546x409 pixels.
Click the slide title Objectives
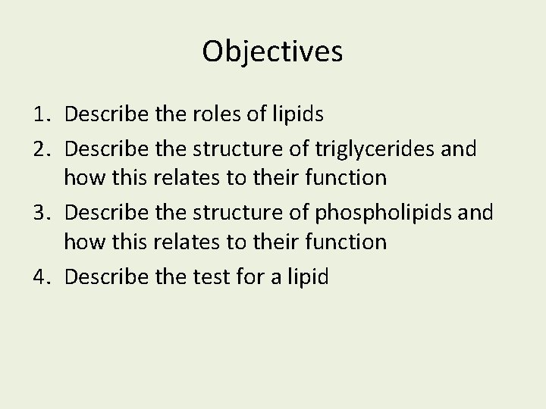pyautogui.click(x=273, y=52)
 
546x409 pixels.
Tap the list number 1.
pyautogui.click(x=41, y=114)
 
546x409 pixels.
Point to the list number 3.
pyautogui.click(x=41, y=212)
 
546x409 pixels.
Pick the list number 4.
pyautogui.click(x=41, y=276)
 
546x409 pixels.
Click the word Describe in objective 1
pyautogui.click(x=101, y=114)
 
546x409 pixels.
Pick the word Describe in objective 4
pyautogui.click(x=101, y=276)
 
